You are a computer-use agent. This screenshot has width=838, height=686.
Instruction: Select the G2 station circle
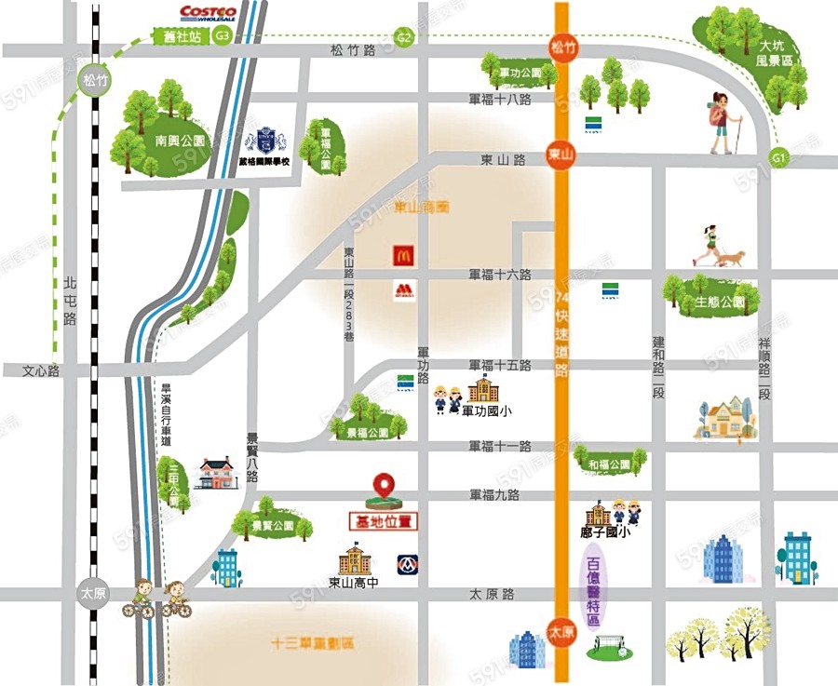tap(403, 37)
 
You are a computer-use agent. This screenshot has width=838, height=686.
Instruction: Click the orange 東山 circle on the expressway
tap(560, 154)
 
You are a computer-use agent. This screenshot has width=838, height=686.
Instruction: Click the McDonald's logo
tap(402, 254)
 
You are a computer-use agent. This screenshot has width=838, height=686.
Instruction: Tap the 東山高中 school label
tap(355, 585)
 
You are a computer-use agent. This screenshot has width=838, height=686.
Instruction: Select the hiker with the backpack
tap(723, 122)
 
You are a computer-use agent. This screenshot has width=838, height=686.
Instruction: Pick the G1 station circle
tap(780, 158)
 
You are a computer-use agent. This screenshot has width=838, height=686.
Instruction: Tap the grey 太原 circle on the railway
tap(90, 593)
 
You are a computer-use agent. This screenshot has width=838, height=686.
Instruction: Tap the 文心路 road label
tap(41, 370)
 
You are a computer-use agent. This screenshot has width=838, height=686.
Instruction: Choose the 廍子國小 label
tap(605, 533)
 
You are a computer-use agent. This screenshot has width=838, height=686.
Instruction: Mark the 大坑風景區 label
tap(776, 52)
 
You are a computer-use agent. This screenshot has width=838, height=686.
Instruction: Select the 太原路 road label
tap(492, 594)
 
